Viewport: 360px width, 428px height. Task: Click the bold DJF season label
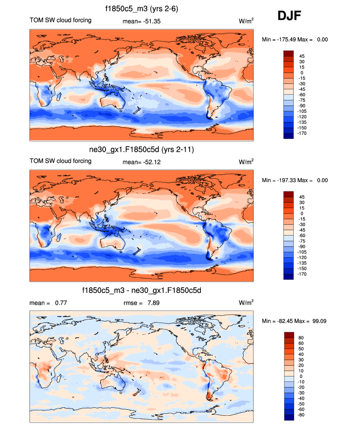[289, 16]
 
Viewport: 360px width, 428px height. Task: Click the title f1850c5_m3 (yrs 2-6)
[141, 8]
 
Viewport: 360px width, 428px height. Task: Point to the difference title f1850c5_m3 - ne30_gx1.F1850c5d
[141, 291]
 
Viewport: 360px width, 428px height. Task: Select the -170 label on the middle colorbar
[304, 274]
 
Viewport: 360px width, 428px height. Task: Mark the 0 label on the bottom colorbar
[301, 376]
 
